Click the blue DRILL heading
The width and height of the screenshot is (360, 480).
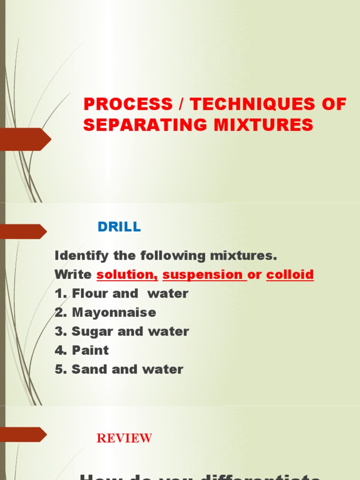tap(119, 227)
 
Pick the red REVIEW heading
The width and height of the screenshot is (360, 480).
tap(124, 438)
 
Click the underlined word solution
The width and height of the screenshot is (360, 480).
tap(127, 275)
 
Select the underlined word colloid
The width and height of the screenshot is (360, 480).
tap(290, 275)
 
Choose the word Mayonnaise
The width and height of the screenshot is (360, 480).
tap(114, 313)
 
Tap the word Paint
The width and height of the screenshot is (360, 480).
tap(90, 350)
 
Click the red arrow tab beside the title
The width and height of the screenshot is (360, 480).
tap(26, 139)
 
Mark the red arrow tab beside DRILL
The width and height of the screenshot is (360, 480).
tap(23, 232)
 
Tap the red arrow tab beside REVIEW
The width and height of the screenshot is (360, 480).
tap(23, 435)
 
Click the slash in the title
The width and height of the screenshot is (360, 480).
tap(181, 104)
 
